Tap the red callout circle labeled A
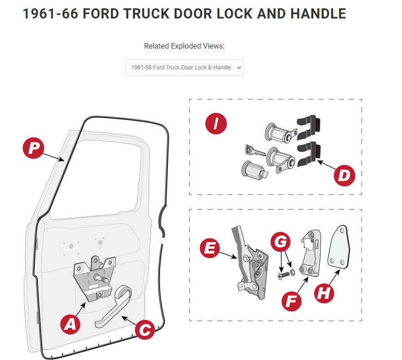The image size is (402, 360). [71, 323]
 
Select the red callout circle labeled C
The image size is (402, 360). [145, 329]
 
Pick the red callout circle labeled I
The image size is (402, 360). [216, 124]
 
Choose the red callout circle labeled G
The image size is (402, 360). [281, 241]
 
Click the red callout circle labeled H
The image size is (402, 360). [324, 292]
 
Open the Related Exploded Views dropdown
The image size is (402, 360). [184, 68]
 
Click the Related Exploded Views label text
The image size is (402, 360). [184, 46]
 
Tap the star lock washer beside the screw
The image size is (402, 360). [291, 271]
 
